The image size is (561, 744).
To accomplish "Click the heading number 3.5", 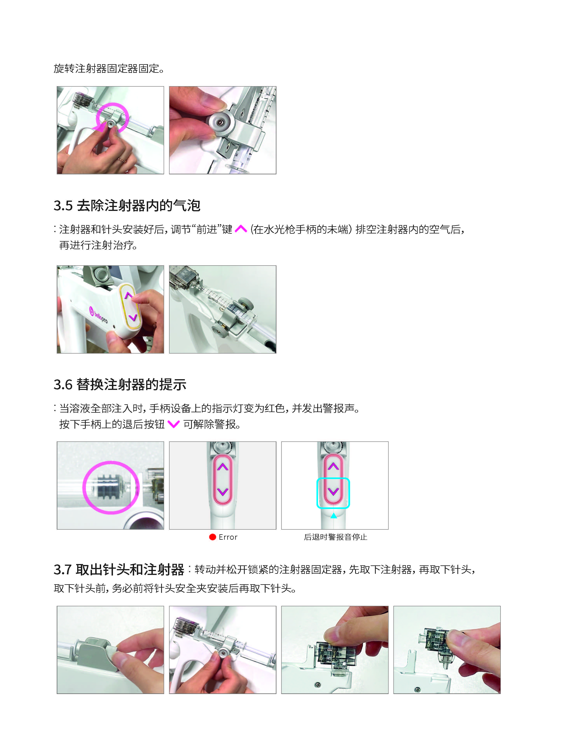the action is click(x=63, y=205).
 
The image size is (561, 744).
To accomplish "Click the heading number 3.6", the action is click(x=63, y=384).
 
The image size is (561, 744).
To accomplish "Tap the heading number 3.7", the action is click(x=63, y=569).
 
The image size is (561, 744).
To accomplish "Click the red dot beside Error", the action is click(x=212, y=537).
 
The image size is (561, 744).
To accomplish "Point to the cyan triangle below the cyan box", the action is click(x=333, y=515).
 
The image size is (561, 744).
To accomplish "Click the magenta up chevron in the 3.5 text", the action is click(x=241, y=229).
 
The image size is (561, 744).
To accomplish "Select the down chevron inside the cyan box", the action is click(x=333, y=492).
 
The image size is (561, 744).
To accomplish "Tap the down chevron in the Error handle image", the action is click(x=223, y=492).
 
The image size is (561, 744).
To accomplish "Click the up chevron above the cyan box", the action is click(x=333, y=466).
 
